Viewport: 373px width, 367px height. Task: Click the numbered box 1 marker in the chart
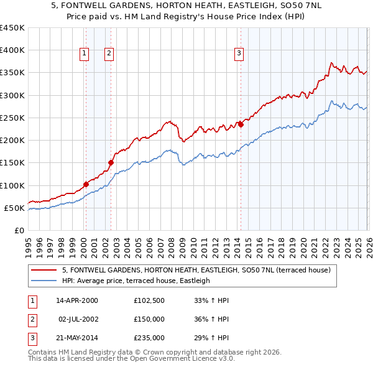(x=83, y=54)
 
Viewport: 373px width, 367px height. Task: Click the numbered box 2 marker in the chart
(x=108, y=54)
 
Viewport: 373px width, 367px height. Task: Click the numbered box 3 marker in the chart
(x=238, y=54)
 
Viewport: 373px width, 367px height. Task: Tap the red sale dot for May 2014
(x=241, y=124)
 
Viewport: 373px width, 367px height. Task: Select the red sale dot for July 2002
(x=111, y=163)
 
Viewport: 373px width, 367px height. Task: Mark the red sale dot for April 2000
(x=86, y=184)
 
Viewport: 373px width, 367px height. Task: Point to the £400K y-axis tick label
(x=12, y=50)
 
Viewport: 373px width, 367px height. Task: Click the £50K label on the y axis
(x=14, y=208)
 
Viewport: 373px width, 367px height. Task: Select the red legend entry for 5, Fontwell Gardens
(x=200, y=270)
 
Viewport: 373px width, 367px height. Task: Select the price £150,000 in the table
(x=149, y=319)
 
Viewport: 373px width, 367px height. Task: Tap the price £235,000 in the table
(x=149, y=338)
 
